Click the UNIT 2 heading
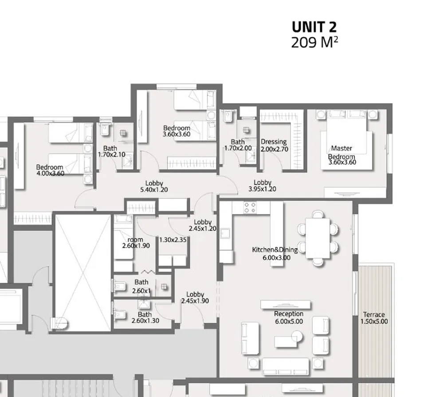click(x=314, y=27)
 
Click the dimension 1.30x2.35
click(x=173, y=240)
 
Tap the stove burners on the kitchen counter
click(x=250, y=207)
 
